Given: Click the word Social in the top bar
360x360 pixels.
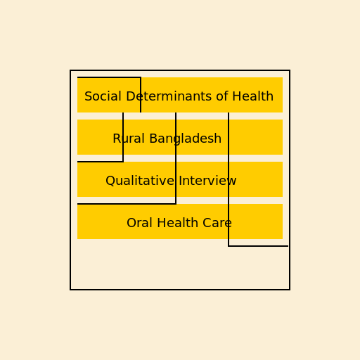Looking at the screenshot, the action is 103,96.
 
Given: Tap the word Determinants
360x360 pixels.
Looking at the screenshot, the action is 169,96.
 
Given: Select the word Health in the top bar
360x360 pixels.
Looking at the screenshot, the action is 252,96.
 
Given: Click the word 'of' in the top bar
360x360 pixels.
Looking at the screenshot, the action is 222,96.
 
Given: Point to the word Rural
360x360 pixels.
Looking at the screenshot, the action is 129,139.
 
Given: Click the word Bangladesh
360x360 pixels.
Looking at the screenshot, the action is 186,139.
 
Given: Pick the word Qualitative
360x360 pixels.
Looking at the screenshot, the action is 140,181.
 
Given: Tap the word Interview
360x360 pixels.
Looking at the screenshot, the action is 207,181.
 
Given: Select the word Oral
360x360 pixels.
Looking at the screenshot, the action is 139,223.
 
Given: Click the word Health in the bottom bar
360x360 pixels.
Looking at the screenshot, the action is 177,223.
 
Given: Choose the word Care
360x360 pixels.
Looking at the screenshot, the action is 217,223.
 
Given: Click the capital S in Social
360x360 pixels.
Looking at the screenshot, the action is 89,96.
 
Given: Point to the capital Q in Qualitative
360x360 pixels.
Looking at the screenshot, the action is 110,181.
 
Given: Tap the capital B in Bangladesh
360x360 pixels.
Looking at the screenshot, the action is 153,139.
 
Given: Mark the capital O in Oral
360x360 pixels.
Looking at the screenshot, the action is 131,223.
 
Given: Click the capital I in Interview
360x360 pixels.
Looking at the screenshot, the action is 181,181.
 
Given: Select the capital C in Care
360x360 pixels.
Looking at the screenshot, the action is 207,223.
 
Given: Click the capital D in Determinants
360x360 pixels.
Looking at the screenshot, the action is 131,96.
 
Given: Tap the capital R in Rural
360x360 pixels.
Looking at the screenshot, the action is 117,139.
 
